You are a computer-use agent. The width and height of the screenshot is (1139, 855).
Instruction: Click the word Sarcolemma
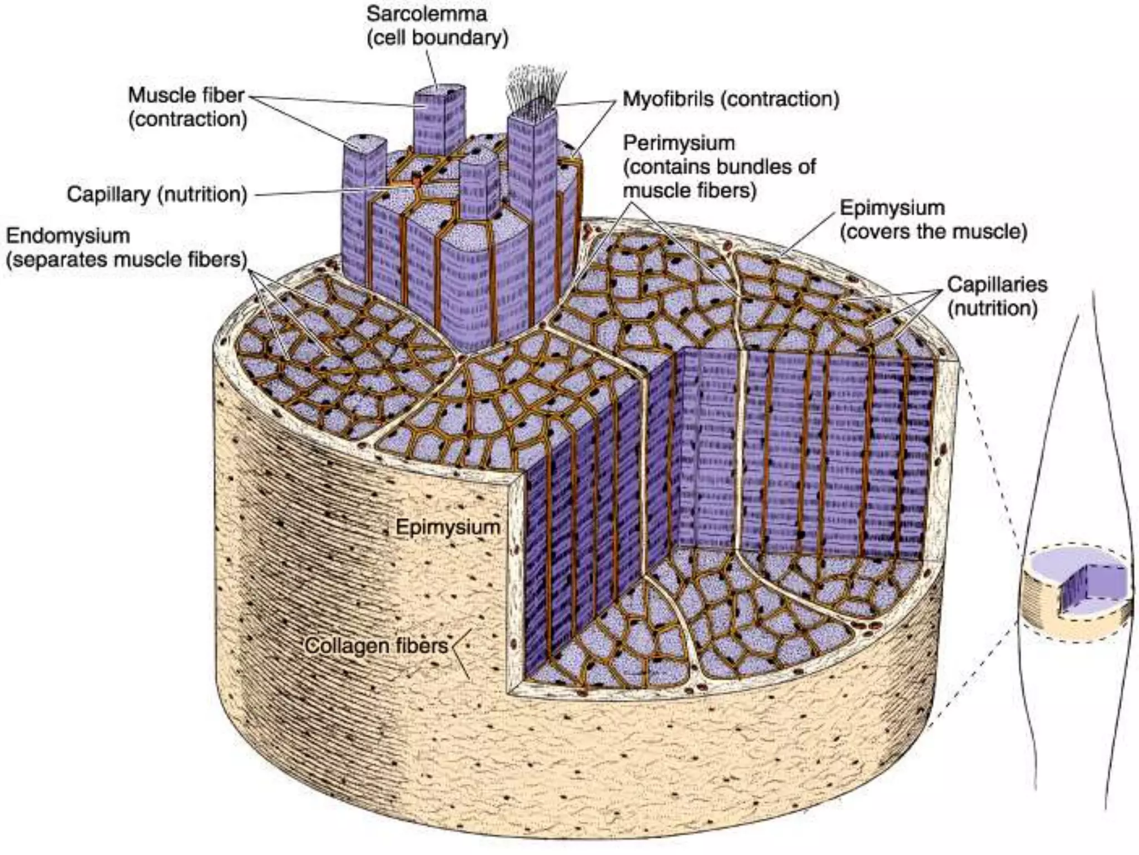coord(427,14)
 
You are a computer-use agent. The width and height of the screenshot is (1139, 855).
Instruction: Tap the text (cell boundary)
coord(437,38)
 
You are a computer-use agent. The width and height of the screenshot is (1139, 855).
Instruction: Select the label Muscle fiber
coord(186,95)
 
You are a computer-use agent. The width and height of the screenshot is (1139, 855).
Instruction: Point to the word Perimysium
coord(679,143)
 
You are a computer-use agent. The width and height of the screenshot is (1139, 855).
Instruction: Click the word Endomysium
coord(68,235)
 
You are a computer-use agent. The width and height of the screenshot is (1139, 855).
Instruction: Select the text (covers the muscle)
coord(933,232)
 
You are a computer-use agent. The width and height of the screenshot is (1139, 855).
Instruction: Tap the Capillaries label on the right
coord(997,284)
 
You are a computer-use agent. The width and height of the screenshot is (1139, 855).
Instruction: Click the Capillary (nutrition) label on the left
coord(157,194)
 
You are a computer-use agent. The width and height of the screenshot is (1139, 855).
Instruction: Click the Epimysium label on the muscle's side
coord(448,527)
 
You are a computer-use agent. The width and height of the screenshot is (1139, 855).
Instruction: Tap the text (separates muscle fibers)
coord(126,259)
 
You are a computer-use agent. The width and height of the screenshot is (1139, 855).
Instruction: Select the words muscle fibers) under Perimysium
coord(690,190)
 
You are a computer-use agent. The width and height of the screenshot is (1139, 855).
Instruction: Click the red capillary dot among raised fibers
coord(415,180)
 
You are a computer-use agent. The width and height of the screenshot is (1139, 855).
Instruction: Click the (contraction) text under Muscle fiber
coord(187,119)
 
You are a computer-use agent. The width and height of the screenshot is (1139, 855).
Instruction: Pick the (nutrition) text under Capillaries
coord(992,308)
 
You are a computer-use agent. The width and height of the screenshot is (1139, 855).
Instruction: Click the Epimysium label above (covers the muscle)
coord(892,208)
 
